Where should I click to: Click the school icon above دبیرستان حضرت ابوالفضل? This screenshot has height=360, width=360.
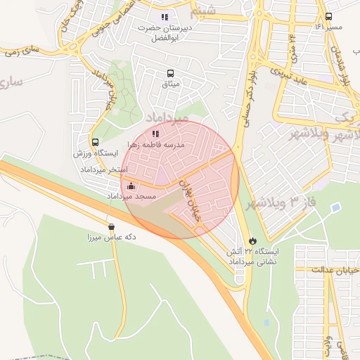(x=165, y=17)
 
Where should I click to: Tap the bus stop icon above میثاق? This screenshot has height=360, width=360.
(x=169, y=73)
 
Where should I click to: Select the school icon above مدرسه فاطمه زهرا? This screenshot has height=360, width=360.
(x=155, y=133)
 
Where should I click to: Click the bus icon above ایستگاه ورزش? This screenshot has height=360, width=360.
(x=95, y=142)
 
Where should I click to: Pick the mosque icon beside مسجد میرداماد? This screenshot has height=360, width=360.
(x=131, y=186)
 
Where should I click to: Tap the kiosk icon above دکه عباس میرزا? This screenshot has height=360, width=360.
(x=111, y=226)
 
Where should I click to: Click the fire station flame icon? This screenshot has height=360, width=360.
(x=253, y=240)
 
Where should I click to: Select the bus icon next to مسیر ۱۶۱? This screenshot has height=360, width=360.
(x=329, y=17)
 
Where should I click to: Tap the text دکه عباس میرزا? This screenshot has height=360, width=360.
(x=111, y=238)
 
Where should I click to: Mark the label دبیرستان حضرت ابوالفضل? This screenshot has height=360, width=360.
(x=165, y=32)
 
